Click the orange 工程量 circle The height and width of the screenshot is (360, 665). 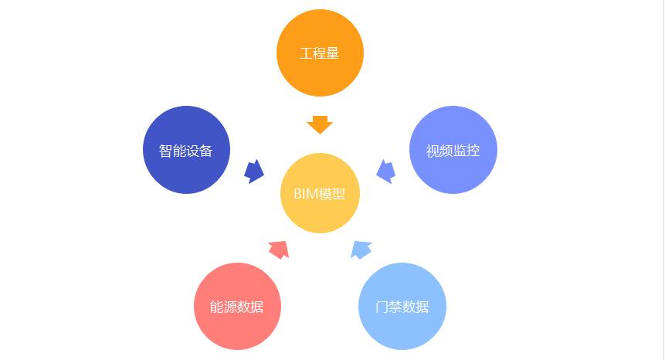click(x=320, y=53)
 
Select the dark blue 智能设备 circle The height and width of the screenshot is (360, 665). click(x=186, y=150)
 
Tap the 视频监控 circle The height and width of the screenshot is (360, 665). click(x=453, y=150)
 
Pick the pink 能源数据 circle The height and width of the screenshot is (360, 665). click(x=237, y=307)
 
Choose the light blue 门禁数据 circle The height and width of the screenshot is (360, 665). click(x=402, y=307)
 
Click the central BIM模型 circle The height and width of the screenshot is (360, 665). click(x=320, y=193)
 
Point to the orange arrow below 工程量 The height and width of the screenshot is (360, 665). click(x=320, y=124)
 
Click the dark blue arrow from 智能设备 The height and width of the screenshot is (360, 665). click(x=254, y=171)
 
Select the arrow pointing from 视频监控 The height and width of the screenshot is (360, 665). click(x=386, y=171)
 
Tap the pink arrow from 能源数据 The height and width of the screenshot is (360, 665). click(x=279, y=248)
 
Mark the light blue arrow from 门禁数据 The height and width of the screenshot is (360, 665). click(x=361, y=249)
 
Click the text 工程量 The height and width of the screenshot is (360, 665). click(x=320, y=54)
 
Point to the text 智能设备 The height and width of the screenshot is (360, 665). click(x=186, y=151)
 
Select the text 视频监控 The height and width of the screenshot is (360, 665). click(x=453, y=151)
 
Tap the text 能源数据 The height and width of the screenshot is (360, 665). click(x=237, y=307)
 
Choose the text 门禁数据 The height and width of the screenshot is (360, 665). click(x=402, y=307)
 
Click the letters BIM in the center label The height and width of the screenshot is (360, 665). click(x=306, y=194)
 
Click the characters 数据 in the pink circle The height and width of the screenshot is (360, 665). click(x=250, y=307)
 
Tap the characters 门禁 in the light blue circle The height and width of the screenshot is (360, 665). click(x=389, y=307)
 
